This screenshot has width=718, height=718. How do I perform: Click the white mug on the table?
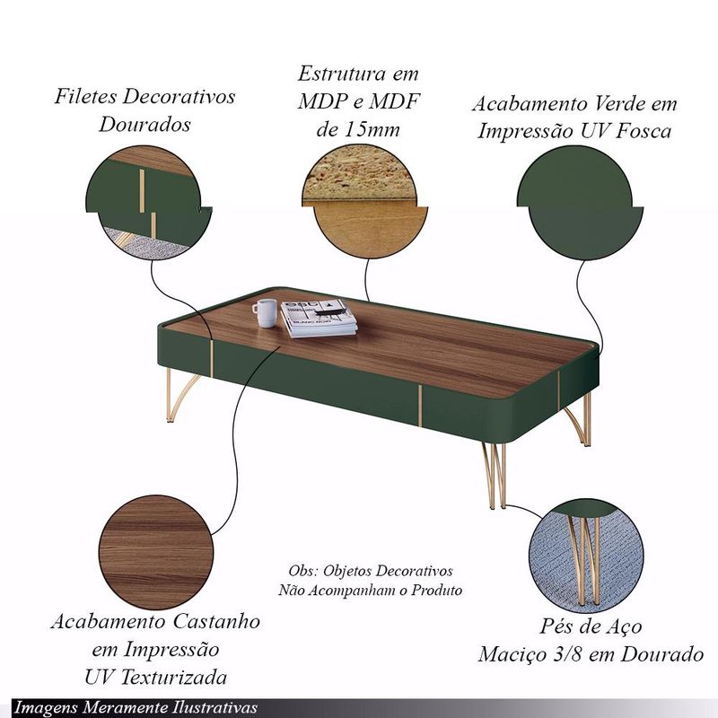pos(265,312)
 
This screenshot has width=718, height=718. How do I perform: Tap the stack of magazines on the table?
pos(319,319)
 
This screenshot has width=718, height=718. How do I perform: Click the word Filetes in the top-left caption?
pos(84,96)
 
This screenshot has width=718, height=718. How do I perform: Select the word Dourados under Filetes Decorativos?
pos(144,124)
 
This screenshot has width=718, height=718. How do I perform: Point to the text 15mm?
pos(371,129)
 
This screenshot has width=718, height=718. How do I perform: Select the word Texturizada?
pos(174,678)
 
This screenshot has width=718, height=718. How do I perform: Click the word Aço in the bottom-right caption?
pos(625,626)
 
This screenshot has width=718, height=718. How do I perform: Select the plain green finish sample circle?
pos(580,203)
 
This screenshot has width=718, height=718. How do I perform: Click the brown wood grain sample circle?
pos(156,552)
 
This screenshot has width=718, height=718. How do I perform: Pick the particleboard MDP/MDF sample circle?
pos(365,202)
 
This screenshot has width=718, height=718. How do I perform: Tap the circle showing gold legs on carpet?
pos(586,556)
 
